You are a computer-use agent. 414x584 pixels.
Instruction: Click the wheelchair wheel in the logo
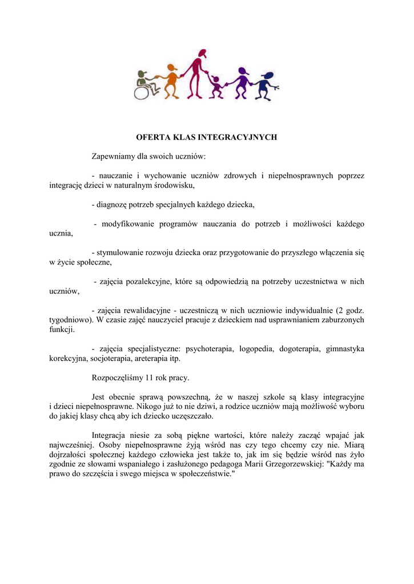[142, 90]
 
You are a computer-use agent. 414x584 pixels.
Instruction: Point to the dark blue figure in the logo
[264, 86]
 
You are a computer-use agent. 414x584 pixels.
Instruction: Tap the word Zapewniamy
[115, 156]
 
